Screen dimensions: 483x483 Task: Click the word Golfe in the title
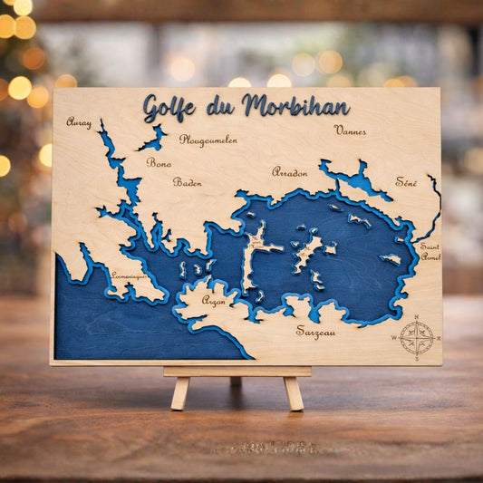(169, 108)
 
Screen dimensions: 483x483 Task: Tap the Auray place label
(79, 121)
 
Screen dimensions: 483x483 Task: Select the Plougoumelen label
(208, 140)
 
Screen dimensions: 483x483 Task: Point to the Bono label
(159, 163)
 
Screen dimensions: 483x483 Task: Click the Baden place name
(187, 182)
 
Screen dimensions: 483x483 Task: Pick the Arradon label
(290, 171)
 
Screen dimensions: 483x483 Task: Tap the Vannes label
(350, 130)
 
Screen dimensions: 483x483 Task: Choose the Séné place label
(406, 182)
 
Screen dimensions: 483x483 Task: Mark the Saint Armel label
(430, 251)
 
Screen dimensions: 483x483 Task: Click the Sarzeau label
(315, 332)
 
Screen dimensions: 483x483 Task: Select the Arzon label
(214, 300)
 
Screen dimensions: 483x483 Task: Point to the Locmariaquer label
(128, 275)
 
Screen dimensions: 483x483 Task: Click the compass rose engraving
(417, 337)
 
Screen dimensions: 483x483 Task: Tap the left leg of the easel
(180, 392)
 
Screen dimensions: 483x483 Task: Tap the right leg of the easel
(293, 392)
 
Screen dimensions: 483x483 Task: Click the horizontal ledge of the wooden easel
(237, 371)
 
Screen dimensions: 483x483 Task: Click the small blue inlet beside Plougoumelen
(153, 139)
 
